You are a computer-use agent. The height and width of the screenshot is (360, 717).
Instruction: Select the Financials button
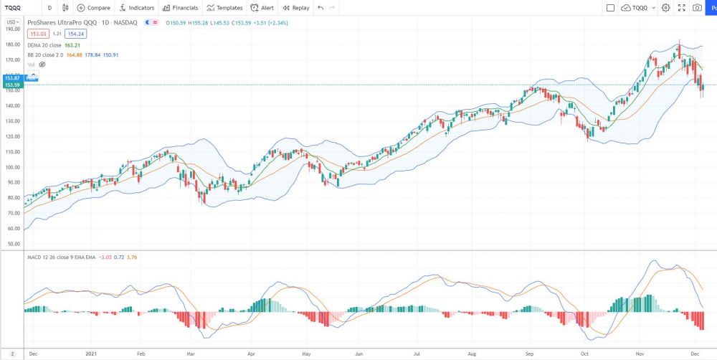click(x=180, y=8)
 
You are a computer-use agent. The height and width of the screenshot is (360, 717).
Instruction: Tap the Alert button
click(x=262, y=8)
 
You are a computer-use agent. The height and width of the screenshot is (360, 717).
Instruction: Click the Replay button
click(x=295, y=8)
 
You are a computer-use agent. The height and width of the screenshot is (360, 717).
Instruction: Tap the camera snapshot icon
click(x=697, y=8)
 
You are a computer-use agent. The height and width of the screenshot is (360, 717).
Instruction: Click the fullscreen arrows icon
click(x=680, y=8)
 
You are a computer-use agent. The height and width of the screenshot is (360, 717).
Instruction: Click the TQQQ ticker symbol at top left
click(x=13, y=8)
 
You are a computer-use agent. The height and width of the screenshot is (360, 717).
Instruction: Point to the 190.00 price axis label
click(x=11, y=29)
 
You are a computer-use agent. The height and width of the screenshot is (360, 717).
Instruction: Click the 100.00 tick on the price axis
click(x=11, y=167)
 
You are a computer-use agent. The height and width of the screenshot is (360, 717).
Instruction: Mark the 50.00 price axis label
click(x=11, y=244)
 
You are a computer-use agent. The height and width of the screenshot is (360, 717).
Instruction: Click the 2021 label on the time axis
click(x=90, y=354)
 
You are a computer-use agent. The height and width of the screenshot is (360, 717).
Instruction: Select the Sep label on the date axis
click(x=530, y=354)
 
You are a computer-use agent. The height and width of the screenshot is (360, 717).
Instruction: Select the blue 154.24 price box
click(x=75, y=34)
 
